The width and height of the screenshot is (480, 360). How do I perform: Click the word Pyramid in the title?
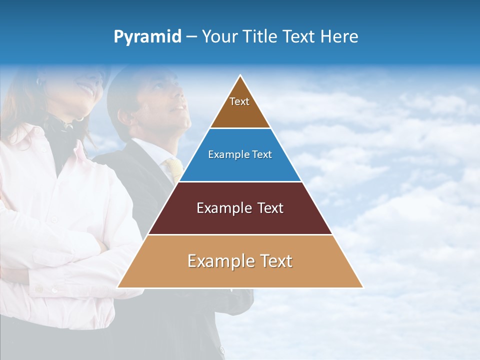(147, 37)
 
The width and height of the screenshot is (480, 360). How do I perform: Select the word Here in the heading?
(339, 36)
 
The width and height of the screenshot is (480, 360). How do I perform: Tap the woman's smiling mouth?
(88, 91)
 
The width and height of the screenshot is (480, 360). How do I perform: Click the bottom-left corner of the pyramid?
(118, 287)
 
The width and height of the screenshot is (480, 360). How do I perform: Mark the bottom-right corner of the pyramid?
(362, 287)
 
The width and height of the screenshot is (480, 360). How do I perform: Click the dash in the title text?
(191, 37)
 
